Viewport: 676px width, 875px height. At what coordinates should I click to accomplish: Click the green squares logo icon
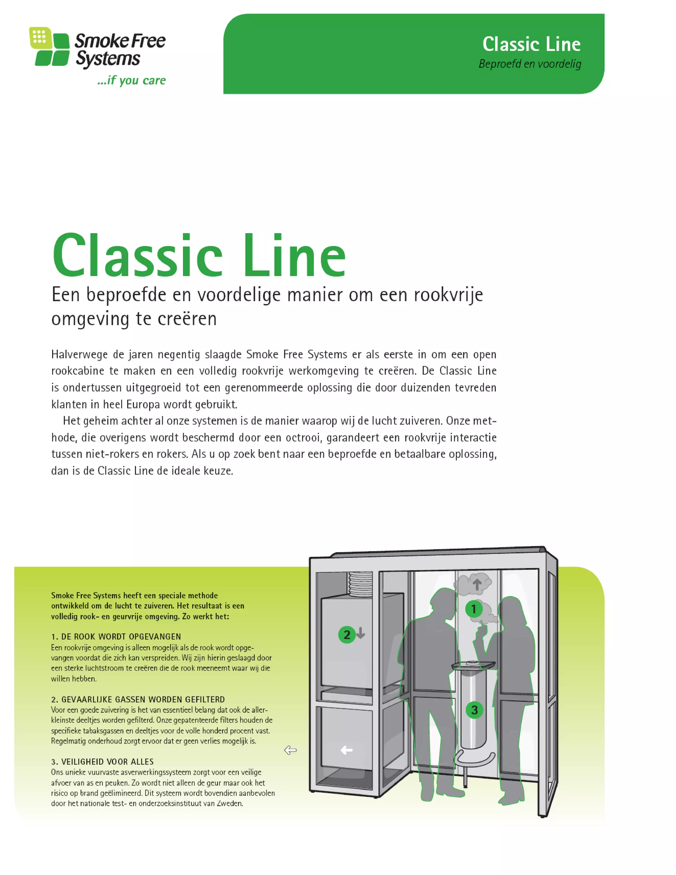pyautogui.click(x=49, y=47)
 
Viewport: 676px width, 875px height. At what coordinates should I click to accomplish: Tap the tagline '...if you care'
pyautogui.click(x=131, y=81)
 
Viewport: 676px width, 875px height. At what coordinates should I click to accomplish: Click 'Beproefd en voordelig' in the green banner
pyautogui.click(x=530, y=64)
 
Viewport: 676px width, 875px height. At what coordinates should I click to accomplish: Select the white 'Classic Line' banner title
pyautogui.click(x=531, y=44)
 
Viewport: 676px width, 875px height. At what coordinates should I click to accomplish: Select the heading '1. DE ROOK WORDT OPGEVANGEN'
pyautogui.click(x=116, y=637)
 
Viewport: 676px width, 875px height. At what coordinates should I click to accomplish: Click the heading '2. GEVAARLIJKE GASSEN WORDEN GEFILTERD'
pyautogui.click(x=138, y=700)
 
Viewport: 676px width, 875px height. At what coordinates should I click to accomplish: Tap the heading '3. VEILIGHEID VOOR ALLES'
pyautogui.click(x=103, y=762)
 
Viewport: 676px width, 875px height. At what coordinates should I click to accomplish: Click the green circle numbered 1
pyautogui.click(x=474, y=610)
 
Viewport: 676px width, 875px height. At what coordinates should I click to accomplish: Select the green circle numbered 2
pyautogui.click(x=347, y=635)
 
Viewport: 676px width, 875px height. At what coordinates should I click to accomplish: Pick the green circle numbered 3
pyautogui.click(x=474, y=710)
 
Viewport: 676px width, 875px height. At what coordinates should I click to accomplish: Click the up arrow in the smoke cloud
pyautogui.click(x=477, y=584)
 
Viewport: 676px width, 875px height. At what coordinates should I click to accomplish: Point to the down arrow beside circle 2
pyautogui.click(x=360, y=633)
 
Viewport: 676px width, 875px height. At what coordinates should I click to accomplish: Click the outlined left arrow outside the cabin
pyautogui.click(x=290, y=751)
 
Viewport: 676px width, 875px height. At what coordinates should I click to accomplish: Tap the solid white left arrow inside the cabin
pyautogui.click(x=346, y=751)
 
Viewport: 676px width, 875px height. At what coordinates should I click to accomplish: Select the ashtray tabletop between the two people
pyautogui.click(x=473, y=665)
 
